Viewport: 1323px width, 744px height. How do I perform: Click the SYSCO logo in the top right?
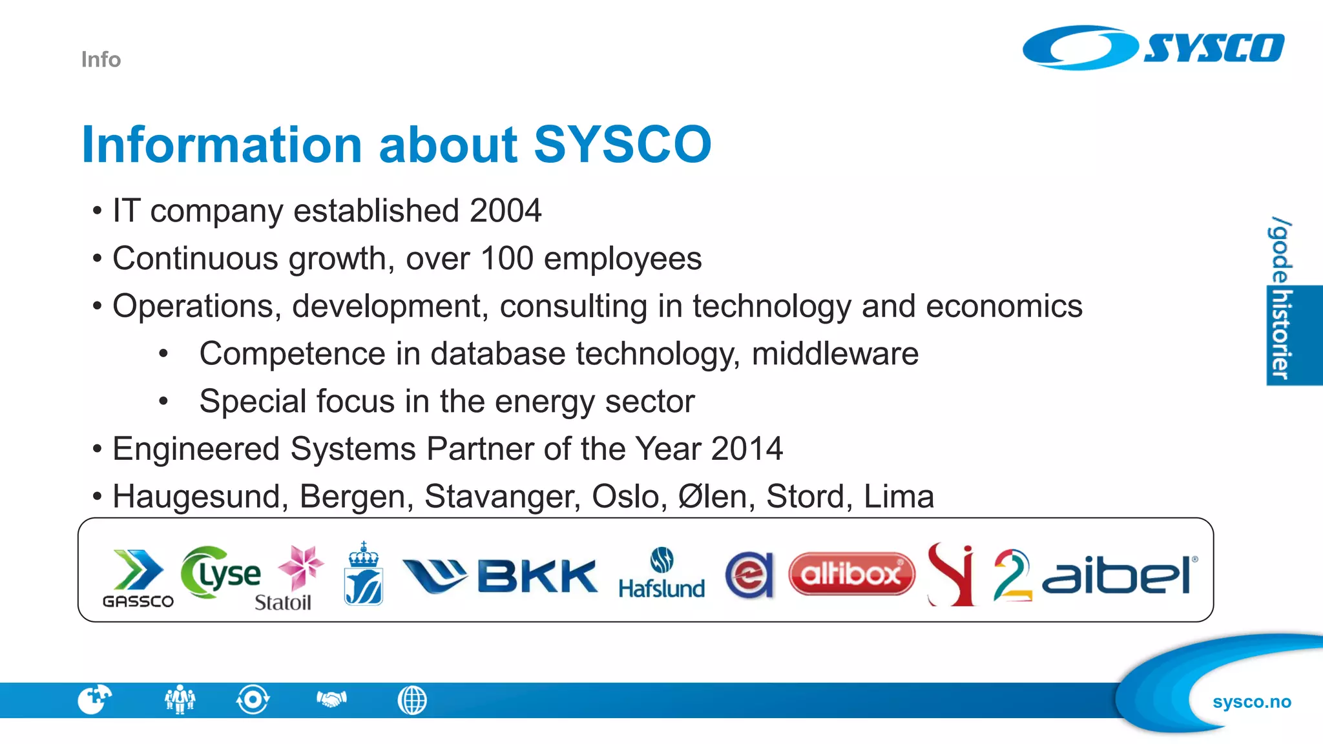pyautogui.click(x=1153, y=48)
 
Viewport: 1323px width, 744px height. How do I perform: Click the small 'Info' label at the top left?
pyautogui.click(x=101, y=59)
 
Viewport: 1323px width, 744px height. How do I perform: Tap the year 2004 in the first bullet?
pyautogui.click(x=505, y=211)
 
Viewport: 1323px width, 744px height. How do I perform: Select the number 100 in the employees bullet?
pyautogui.click(x=506, y=258)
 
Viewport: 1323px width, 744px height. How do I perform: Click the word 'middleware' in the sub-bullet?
pyautogui.click(x=835, y=354)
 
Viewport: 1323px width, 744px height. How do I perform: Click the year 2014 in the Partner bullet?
pyautogui.click(x=747, y=449)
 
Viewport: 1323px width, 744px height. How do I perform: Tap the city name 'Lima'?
pyautogui.click(x=899, y=497)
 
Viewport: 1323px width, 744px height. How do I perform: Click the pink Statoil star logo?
pyautogui.click(x=300, y=567)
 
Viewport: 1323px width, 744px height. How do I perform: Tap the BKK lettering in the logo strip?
pyautogui.click(x=537, y=576)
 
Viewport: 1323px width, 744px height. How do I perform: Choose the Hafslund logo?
pyautogui.click(x=661, y=573)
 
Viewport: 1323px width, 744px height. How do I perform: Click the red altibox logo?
pyautogui.click(x=851, y=573)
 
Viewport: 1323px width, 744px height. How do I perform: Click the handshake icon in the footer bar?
pyautogui.click(x=331, y=699)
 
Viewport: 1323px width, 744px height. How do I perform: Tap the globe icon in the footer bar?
pyautogui.click(x=412, y=700)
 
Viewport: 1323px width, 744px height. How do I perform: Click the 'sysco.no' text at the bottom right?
pyautogui.click(x=1251, y=702)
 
